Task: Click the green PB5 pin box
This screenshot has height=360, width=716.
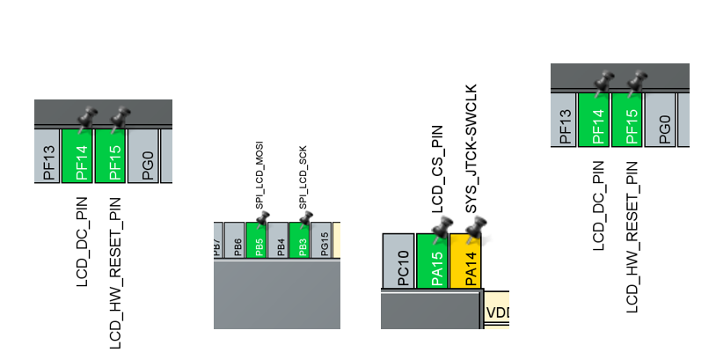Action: (x=256, y=239)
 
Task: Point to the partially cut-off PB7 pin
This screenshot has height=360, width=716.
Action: (x=217, y=239)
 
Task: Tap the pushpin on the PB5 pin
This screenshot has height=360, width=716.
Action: (x=262, y=217)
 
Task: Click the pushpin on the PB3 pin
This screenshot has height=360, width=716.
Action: (x=305, y=217)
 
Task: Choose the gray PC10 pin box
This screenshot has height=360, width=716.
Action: (x=398, y=261)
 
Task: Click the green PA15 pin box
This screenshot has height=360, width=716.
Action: (x=433, y=261)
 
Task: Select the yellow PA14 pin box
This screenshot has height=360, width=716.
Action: (x=466, y=261)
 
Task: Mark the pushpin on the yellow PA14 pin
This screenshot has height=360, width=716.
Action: (x=475, y=230)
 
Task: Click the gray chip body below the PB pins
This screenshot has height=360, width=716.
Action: (x=276, y=295)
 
